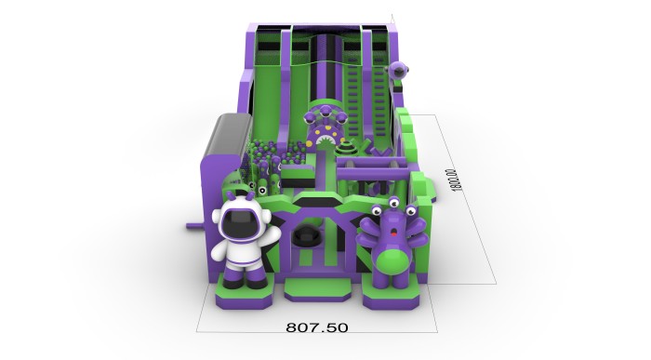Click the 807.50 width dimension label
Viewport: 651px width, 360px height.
tap(317, 327)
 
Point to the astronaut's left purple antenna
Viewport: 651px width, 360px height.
tap(230, 195)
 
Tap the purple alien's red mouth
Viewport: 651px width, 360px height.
tap(392, 235)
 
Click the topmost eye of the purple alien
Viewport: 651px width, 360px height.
tap(393, 203)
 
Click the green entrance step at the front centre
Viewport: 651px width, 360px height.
tap(318, 288)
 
